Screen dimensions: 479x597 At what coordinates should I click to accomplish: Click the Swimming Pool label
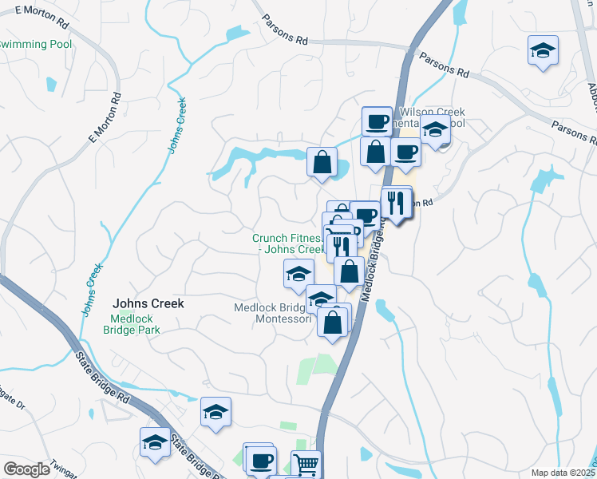pos(36,44)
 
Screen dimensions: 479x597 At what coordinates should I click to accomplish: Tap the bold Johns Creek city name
pos(148,303)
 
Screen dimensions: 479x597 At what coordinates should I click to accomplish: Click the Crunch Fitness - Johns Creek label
pos(287,243)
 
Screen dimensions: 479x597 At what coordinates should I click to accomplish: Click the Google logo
pos(26,469)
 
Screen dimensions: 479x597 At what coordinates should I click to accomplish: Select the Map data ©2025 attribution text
pos(563,473)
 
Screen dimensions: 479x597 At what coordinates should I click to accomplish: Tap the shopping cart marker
pos(306,463)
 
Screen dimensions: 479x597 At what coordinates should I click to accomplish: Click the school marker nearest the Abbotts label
pos(543,51)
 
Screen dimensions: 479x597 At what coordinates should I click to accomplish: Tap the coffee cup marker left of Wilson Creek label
pos(377,121)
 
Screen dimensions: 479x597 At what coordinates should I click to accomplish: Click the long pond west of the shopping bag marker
pos(255,155)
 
